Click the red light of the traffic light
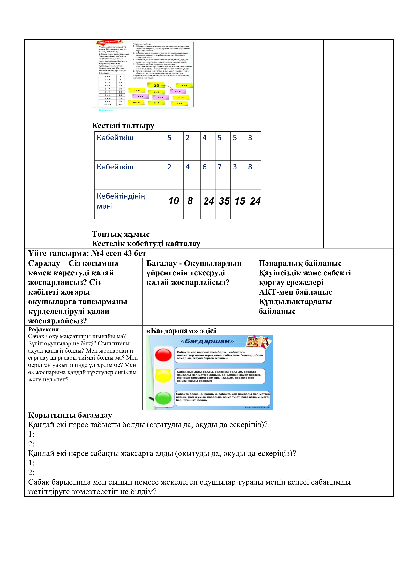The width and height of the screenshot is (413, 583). (x=163, y=355)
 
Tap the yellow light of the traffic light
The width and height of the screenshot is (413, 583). (x=163, y=376)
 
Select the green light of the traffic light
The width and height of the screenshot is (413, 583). (x=163, y=398)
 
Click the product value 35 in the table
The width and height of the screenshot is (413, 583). (x=224, y=201)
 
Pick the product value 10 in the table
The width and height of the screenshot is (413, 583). (x=174, y=201)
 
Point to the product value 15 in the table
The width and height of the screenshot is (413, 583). (x=239, y=201)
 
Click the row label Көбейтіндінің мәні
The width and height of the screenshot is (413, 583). (x=121, y=201)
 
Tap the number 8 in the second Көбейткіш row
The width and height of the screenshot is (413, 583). (x=250, y=167)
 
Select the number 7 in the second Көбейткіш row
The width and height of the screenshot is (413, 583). (x=219, y=167)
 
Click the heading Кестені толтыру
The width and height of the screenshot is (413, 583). (x=123, y=125)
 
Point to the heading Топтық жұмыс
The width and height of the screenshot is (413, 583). (x=121, y=234)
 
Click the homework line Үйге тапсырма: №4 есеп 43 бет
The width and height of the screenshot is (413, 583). (x=87, y=253)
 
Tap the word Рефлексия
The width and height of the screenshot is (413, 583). (x=43, y=329)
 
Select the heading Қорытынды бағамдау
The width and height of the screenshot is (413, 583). (x=70, y=415)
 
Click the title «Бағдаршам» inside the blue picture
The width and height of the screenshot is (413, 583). (x=207, y=341)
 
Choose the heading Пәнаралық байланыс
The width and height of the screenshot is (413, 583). (x=300, y=263)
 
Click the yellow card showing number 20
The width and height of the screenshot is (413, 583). (x=156, y=85)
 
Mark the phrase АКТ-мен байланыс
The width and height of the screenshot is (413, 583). (x=295, y=292)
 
